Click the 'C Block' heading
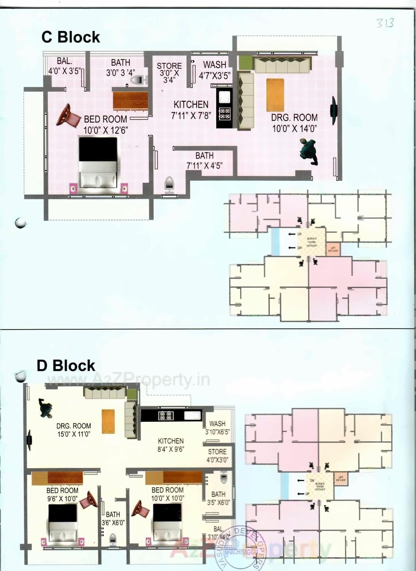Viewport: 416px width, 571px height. coord(71,37)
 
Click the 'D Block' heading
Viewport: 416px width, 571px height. coord(66,365)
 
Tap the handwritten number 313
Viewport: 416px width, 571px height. coord(385,23)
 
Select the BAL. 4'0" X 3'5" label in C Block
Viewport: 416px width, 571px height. coord(64,66)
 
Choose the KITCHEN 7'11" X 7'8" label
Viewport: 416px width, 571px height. coord(191,110)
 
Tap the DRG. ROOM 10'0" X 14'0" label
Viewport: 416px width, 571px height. coord(294,123)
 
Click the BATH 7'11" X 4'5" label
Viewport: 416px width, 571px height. coord(204,161)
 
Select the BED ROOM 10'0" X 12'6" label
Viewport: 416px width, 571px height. coord(105,124)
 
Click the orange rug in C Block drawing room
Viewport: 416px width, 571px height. coord(275,95)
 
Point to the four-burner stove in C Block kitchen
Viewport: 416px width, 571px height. coord(225,113)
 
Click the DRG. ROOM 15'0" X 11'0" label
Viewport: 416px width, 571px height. coord(73,430)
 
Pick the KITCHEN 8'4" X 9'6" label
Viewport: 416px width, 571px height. coord(171,445)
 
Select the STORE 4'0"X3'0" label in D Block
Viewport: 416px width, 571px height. coord(217,455)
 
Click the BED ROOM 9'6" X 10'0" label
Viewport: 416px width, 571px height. coord(62,494)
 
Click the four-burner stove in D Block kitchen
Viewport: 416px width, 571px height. coord(166,416)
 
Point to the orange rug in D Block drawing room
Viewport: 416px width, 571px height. coord(108,421)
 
